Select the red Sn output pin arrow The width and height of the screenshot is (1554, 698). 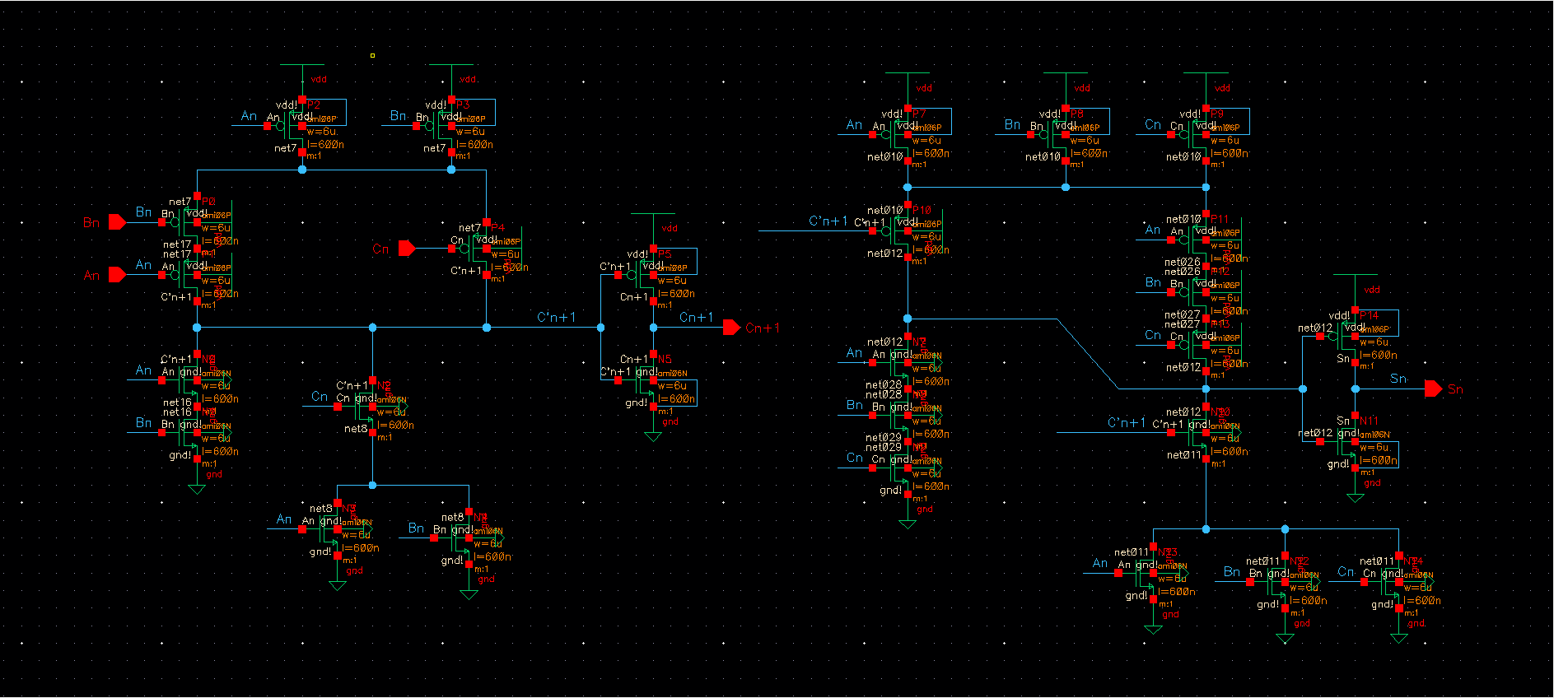(1433, 389)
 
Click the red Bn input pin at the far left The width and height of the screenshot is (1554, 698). (116, 222)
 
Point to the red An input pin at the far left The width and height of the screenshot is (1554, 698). (116, 275)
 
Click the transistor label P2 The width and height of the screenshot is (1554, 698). (313, 105)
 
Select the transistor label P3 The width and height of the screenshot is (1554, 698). (463, 105)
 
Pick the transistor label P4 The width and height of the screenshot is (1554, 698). (497, 228)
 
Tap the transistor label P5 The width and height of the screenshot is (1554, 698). (665, 254)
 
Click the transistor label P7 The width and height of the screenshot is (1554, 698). (919, 114)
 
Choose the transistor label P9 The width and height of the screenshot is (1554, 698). (1217, 114)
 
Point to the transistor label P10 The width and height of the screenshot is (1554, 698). (922, 210)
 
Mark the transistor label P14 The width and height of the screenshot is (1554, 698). (1369, 315)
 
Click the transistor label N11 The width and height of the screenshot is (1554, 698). (1369, 421)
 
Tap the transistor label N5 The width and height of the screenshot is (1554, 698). (665, 359)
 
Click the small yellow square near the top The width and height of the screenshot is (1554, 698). (372, 55)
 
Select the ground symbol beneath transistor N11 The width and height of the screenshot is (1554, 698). (1355, 497)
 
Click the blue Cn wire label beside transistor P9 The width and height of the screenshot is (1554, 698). (1153, 125)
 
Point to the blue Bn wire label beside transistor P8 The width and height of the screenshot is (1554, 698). (1012, 124)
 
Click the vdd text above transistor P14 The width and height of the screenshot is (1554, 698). (1371, 290)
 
